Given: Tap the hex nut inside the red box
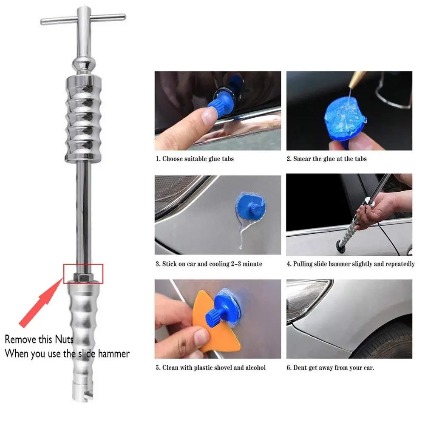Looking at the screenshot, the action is click(x=83, y=277).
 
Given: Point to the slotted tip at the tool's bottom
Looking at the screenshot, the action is click(x=83, y=394).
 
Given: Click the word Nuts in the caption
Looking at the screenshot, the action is click(x=64, y=339).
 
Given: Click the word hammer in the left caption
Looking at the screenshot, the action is click(x=114, y=354).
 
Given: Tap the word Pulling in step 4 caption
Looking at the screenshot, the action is click(x=303, y=264).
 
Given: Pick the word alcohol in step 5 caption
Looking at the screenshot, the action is click(x=255, y=368).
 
